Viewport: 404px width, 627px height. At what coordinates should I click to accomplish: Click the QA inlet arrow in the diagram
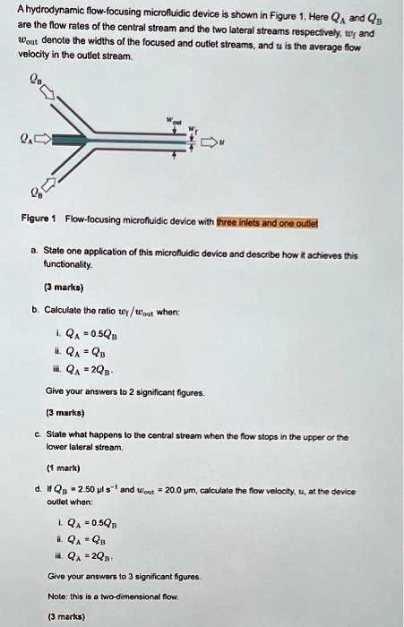[x=42, y=140]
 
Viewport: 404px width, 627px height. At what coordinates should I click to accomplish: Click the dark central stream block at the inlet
[x=72, y=140]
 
